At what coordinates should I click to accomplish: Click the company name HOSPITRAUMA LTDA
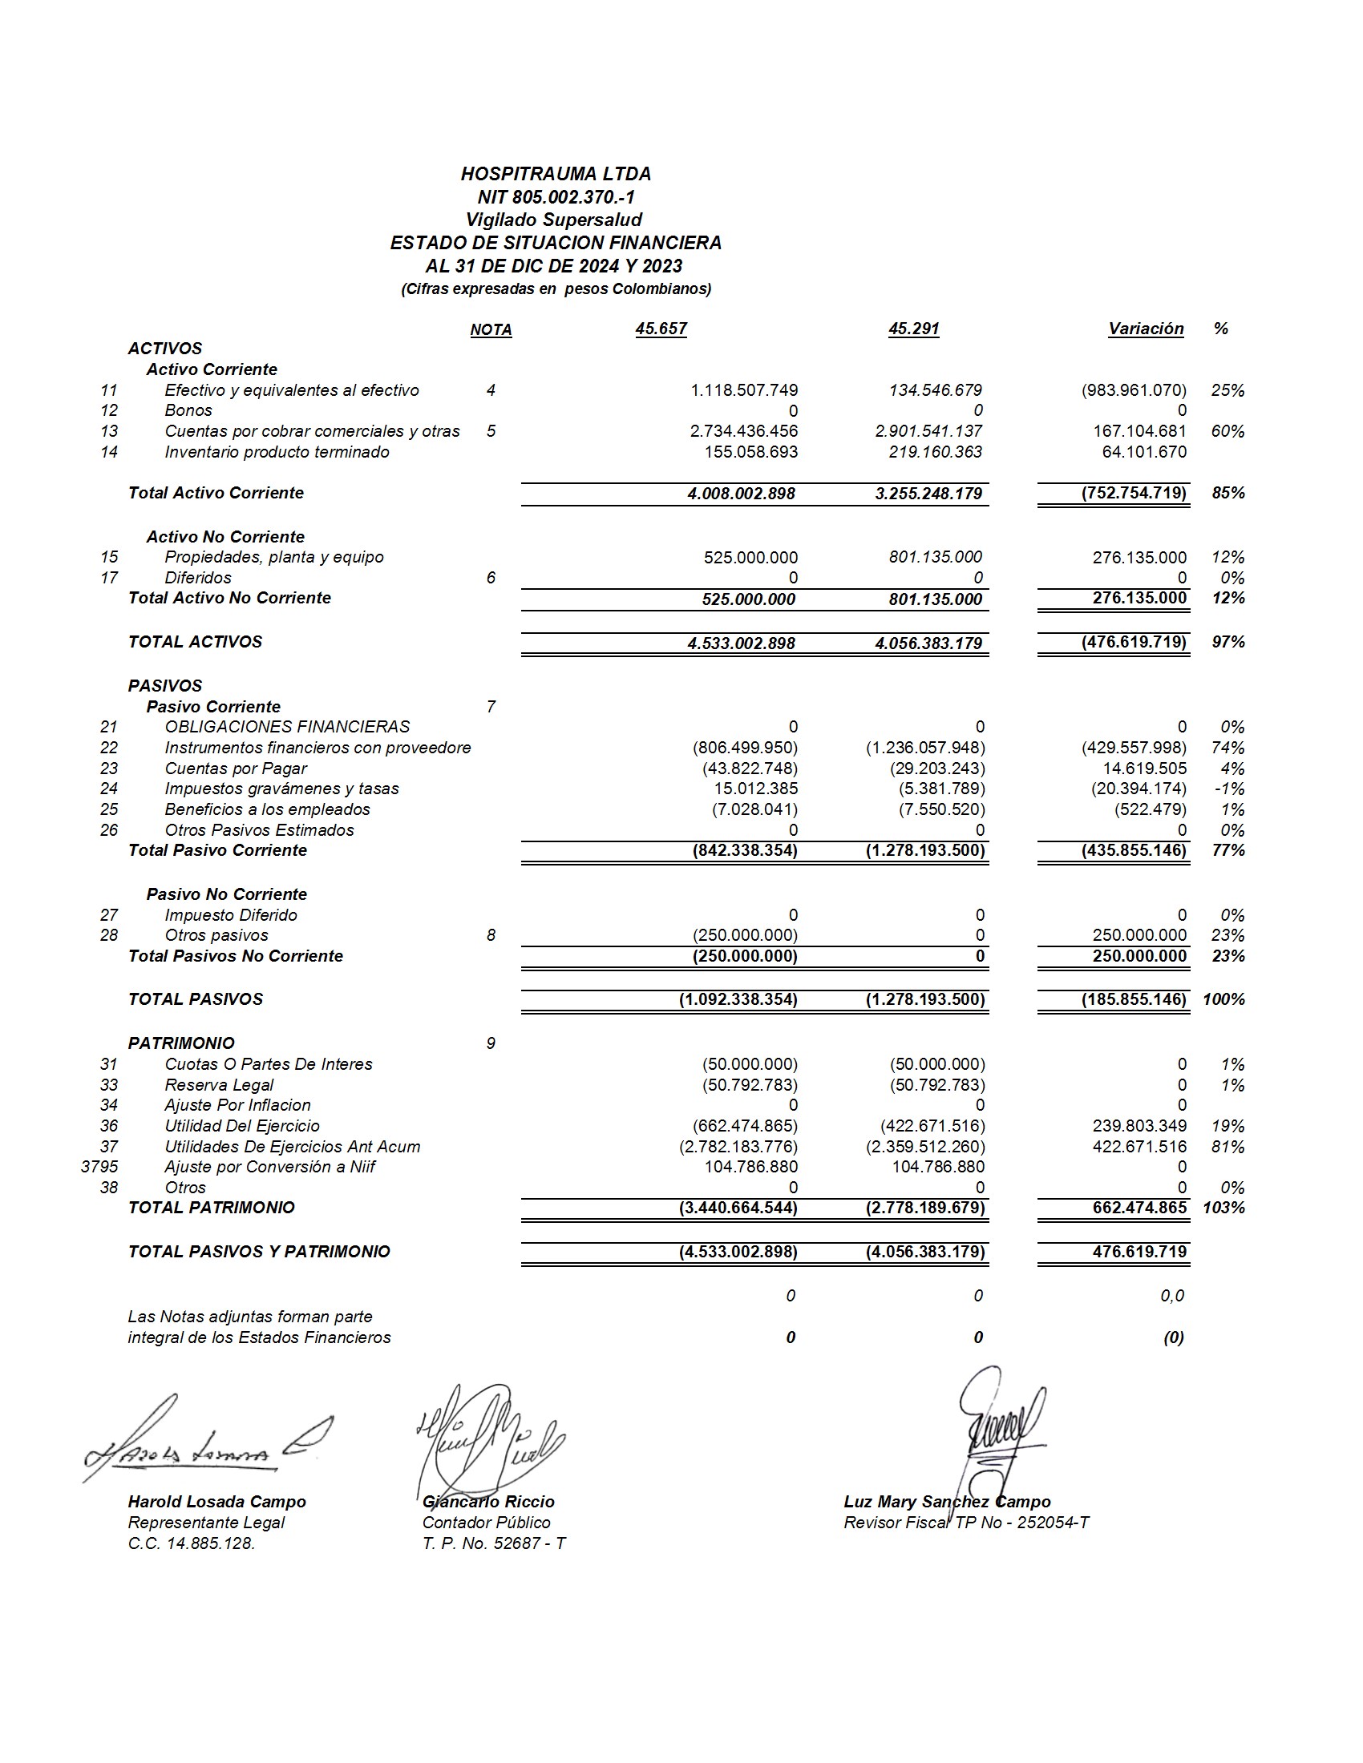coord(556,174)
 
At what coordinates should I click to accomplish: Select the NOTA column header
coord(491,329)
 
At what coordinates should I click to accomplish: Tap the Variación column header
coord(1145,329)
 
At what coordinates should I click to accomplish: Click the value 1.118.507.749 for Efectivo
coord(744,390)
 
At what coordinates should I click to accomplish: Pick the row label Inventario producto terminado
coord(277,452)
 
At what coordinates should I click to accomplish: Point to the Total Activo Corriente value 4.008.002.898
coord(742,493)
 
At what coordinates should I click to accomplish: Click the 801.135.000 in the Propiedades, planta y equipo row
coord(935,557)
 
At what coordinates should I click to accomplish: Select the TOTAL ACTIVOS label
coord(196,642)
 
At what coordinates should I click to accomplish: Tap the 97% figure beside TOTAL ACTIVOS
coord(1228,642)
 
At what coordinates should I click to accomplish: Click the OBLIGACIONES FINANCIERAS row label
coord(288,727)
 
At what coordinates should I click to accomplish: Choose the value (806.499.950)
coord(745,748)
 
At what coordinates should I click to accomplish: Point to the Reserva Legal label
coord(219,1085)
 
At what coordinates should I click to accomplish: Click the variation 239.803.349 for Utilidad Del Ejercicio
coord(1139,1125)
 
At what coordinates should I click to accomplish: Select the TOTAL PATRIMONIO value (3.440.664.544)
coord(738,1208)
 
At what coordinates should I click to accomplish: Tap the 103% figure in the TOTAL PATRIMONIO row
coord(1223,1208)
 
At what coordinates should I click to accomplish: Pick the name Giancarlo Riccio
coord(488,1502)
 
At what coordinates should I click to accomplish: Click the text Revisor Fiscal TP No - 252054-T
coord(966,1523)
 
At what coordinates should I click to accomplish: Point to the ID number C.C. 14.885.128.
coord(192,1543)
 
